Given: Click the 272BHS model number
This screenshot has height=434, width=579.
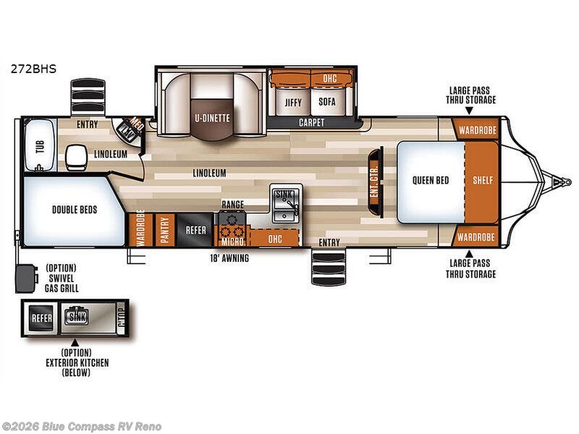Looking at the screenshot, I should click(x=33, y=70).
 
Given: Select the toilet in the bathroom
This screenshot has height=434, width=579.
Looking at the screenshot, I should click(x=75, y=155).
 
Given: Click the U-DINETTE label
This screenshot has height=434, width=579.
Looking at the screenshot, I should click(x=211, y=116).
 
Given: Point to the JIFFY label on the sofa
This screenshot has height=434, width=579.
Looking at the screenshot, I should click(x=292, y=102).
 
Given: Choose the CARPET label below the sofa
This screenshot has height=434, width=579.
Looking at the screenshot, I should click(x=312, y=123).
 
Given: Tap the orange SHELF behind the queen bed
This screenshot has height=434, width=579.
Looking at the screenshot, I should click(x=482, y=180).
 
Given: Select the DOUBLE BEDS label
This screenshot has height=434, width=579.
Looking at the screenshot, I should click(x=75, y=210).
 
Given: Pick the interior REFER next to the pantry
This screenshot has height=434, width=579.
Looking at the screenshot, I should click(x=195, y=230).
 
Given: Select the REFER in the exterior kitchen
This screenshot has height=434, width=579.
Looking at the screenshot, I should click(x=41, y=318).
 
